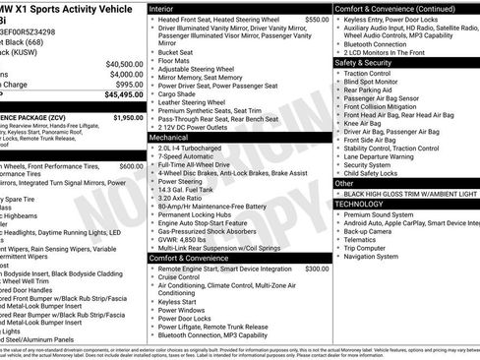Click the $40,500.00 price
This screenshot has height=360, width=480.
pyautogui.click(x=124, y=64)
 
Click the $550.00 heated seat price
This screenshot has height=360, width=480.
pyautogui.click(x=317, y=19)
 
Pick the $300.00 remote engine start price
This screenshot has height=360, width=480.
pyautogui.click(x=317, y=268)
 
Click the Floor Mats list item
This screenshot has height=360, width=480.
pyautogui.click(x=177, y=60)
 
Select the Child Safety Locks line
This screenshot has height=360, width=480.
pyautogui.click(x=381, y=172)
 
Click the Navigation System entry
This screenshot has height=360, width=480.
pyautogui.click(x=379, y=256)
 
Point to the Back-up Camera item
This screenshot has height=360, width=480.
pyautogui.click(x=374, y=230)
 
